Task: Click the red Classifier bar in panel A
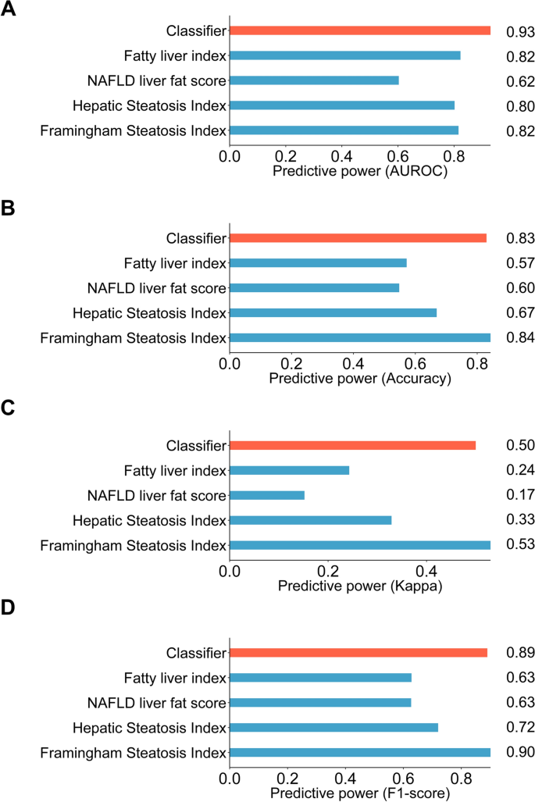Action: point(360,30)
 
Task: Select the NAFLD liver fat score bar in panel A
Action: point(315,80)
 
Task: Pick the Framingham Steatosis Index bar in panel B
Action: point(360,338)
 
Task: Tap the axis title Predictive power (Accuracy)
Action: point(360,379)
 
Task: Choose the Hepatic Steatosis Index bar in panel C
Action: point(311,520)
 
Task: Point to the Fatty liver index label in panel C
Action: point(175,470)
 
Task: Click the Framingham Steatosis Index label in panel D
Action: point(134,753)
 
